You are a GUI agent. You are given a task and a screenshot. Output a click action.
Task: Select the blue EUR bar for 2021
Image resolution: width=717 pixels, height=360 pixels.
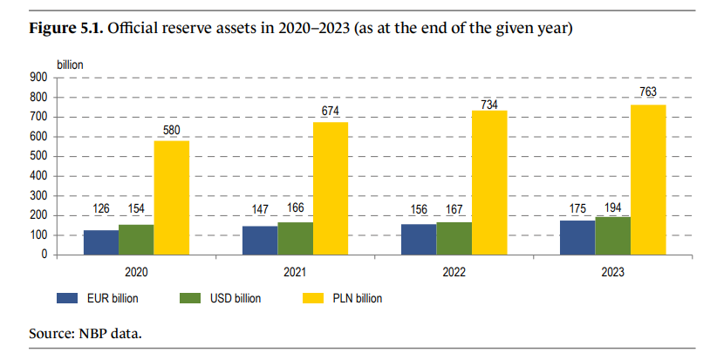[x=260, y=241]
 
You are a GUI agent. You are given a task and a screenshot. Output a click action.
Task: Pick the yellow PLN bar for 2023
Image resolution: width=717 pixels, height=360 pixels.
[x=648, y=180]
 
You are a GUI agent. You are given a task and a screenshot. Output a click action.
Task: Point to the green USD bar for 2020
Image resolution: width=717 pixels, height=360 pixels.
[x=136, y=240]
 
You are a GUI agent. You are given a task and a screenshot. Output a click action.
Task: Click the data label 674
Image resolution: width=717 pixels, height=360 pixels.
[x=331, y=112]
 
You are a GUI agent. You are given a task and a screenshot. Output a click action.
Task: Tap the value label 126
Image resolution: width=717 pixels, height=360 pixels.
[x=101, y=210]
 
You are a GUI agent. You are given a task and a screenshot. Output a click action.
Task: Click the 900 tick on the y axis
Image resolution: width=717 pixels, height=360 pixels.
[x=38, y=77]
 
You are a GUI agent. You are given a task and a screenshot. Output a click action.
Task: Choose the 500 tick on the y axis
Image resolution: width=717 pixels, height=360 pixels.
[x=38, y=156]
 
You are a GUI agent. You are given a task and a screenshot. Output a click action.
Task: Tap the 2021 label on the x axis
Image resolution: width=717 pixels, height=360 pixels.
[x=295, y=273]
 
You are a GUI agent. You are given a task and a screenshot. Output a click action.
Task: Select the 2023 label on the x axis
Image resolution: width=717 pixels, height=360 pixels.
[x=613, y=273]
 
